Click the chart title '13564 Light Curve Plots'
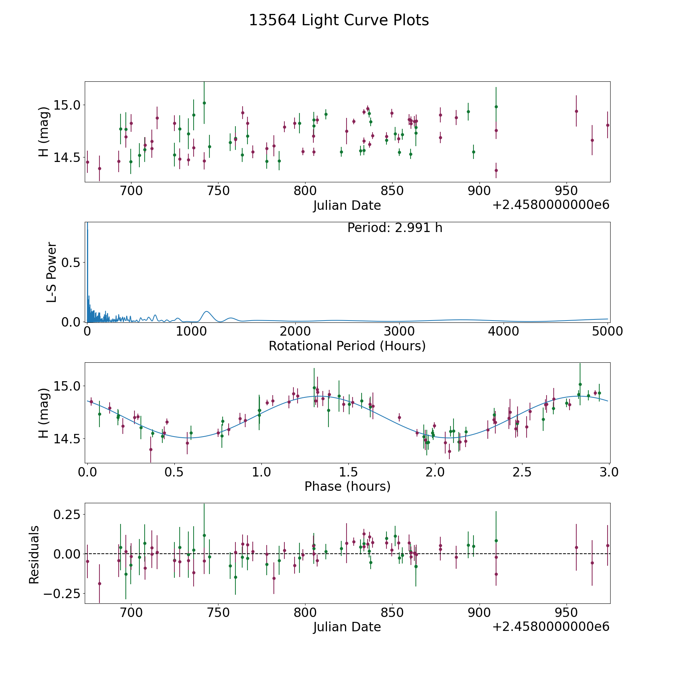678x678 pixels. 339,20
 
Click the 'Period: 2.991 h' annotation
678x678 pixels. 395,228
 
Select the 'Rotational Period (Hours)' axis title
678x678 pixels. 347,346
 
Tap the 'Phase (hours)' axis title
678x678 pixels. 347,486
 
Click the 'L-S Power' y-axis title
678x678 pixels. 52,272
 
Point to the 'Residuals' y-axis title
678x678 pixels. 34,554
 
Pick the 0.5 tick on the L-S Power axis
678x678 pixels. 71,262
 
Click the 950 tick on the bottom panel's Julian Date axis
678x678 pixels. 566,612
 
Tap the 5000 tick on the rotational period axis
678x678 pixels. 607,331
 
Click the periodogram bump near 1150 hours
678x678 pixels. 206,312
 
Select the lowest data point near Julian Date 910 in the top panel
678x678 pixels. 496,170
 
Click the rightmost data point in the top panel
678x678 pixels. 608,125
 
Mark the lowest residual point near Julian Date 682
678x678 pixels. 99,583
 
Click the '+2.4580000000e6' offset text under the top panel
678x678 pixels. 551,205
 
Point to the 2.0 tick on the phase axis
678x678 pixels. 435,472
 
